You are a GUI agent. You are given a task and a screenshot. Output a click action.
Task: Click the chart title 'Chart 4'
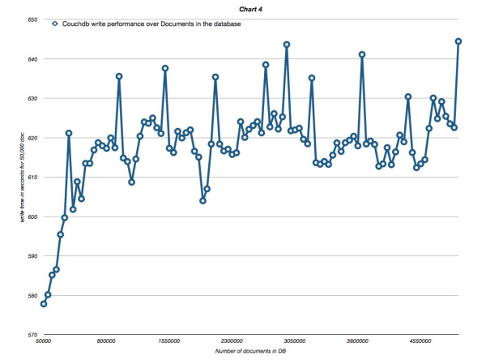tap(245, 7)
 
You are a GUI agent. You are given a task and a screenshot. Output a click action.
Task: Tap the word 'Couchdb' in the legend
tap(75, 24)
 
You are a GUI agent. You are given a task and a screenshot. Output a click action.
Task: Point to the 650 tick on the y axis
tap(33, 19)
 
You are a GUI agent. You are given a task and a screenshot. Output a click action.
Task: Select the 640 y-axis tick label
tap(33, 59)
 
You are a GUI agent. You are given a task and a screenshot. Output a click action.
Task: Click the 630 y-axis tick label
tap(33, 98)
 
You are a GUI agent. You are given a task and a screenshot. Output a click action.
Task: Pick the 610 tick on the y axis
tap(33, 177)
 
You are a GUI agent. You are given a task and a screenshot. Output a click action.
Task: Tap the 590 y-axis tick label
tap(33, 255)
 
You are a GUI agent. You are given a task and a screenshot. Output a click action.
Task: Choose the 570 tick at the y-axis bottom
tap(33, 334)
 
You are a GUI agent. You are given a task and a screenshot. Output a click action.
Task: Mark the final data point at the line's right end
tap(458, 41)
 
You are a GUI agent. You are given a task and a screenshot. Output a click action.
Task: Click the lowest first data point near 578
tap(44, 304)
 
